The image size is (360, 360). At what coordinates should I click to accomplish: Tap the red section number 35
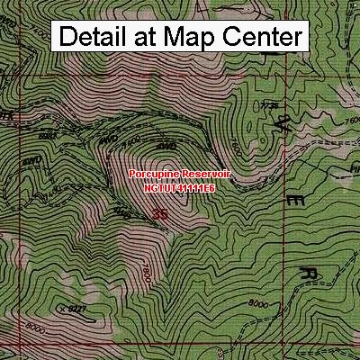pyautogui.click(x=160, y=214)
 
